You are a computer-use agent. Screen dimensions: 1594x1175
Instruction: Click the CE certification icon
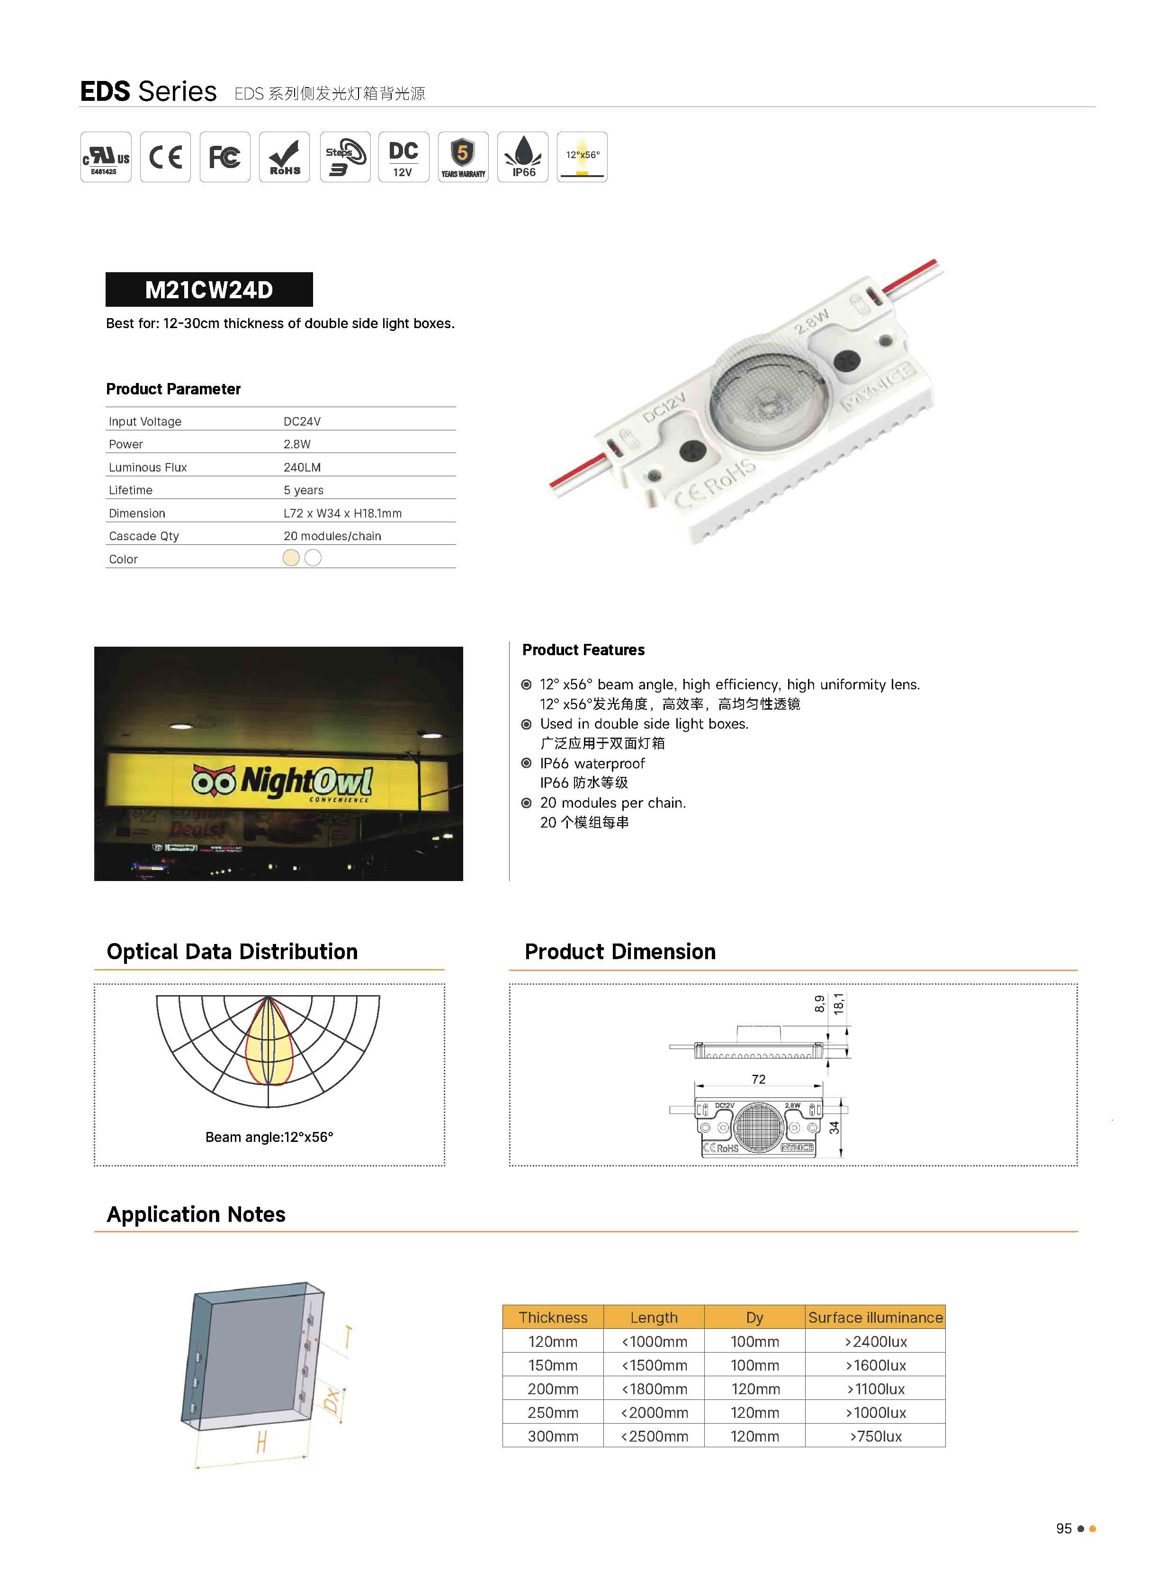point(165,157)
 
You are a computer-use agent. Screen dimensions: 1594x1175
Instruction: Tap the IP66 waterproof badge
point(523,157)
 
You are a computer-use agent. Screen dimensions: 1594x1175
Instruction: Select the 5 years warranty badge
point(463,157)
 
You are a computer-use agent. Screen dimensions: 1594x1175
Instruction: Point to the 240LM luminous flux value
point(302,467)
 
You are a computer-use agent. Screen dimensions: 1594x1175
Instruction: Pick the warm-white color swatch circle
point(291,558)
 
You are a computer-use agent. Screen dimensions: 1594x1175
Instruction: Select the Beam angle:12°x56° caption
point(269,1137)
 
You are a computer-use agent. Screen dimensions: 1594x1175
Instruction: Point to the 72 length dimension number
point(758,1079)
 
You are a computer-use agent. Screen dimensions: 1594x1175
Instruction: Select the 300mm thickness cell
point(553,1436)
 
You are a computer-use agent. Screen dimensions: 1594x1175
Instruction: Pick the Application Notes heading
point(197,1214)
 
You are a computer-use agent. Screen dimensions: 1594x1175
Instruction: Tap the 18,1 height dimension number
point(839,1003)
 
